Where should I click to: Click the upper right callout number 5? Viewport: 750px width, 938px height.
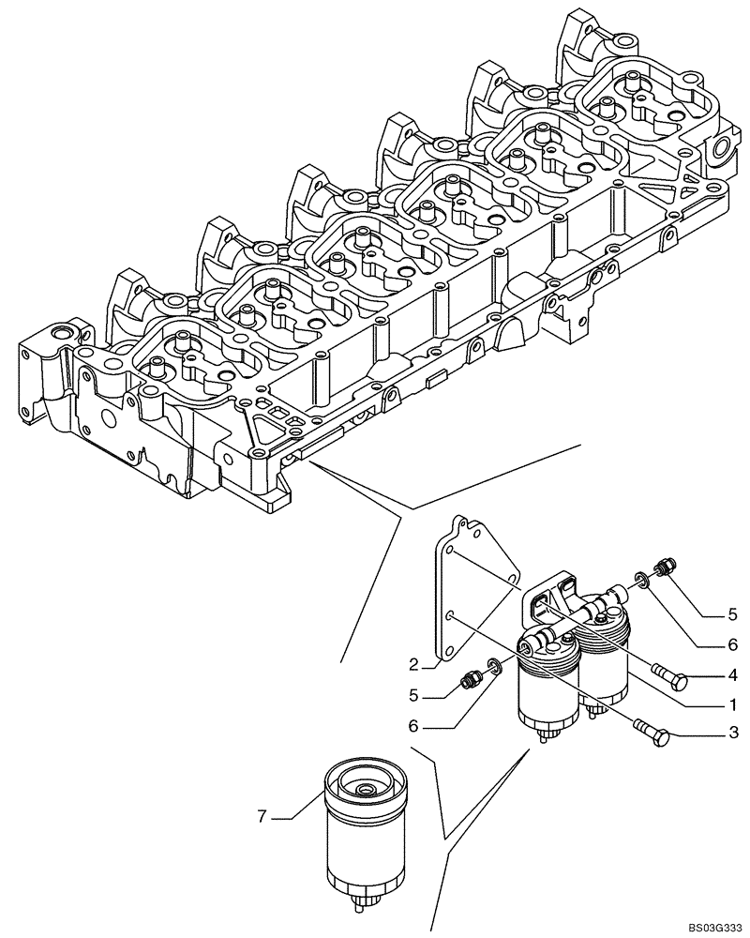(x=730, y=615)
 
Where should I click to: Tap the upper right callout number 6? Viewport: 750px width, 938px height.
(x=730, y=644)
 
